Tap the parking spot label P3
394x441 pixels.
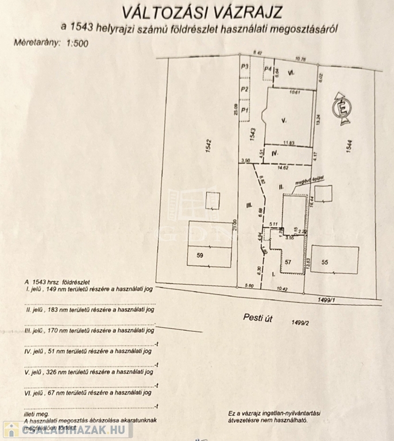coord(245,67)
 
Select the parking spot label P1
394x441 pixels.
coord(245,110)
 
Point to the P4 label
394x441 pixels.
coord(267,69)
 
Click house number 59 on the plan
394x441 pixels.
coord(199,254)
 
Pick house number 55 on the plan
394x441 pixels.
coord(325,262)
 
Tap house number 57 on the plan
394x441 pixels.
coord(288,262)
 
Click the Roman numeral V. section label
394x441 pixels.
coord(284,120)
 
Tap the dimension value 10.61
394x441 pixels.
coord(295,91)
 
